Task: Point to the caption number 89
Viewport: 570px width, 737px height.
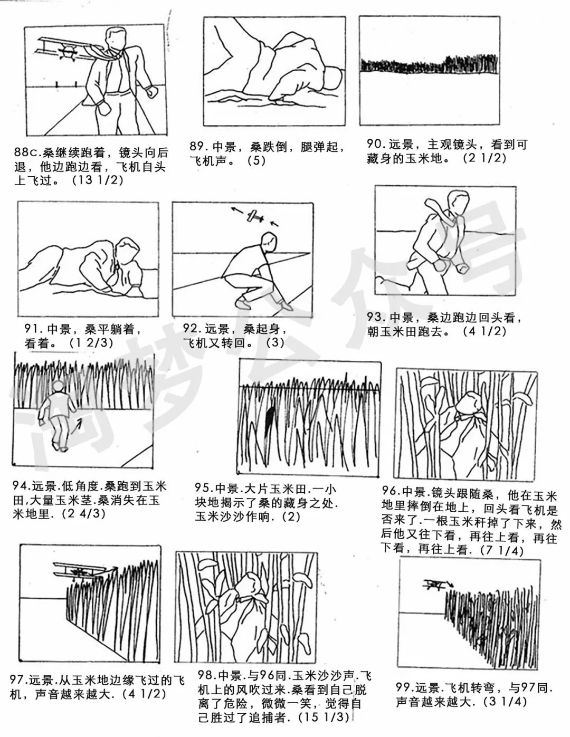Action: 200,147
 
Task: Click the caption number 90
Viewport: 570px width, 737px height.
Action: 377,144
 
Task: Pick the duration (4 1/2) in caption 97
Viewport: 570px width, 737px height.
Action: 143,693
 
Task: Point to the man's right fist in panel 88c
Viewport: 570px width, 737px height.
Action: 104,108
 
